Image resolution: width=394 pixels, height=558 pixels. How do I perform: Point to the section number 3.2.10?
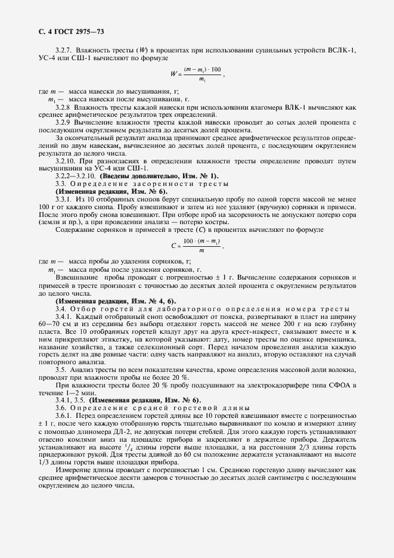67,162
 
